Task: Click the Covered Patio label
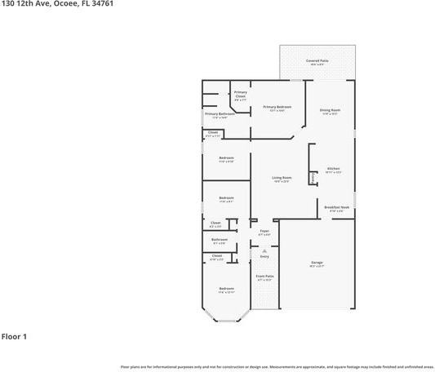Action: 317,61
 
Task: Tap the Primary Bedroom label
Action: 277,108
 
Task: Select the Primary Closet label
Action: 240,95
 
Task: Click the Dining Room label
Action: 330,111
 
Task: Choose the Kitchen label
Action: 333,169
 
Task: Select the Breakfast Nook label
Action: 336,208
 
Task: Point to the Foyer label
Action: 264,232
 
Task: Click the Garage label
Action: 316,263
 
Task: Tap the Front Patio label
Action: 264,277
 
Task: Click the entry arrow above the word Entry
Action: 264,250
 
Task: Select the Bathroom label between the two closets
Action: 220,241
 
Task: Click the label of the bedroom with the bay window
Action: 226,290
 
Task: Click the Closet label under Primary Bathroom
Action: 213,133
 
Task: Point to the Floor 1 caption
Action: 15,336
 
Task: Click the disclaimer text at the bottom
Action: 277,366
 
